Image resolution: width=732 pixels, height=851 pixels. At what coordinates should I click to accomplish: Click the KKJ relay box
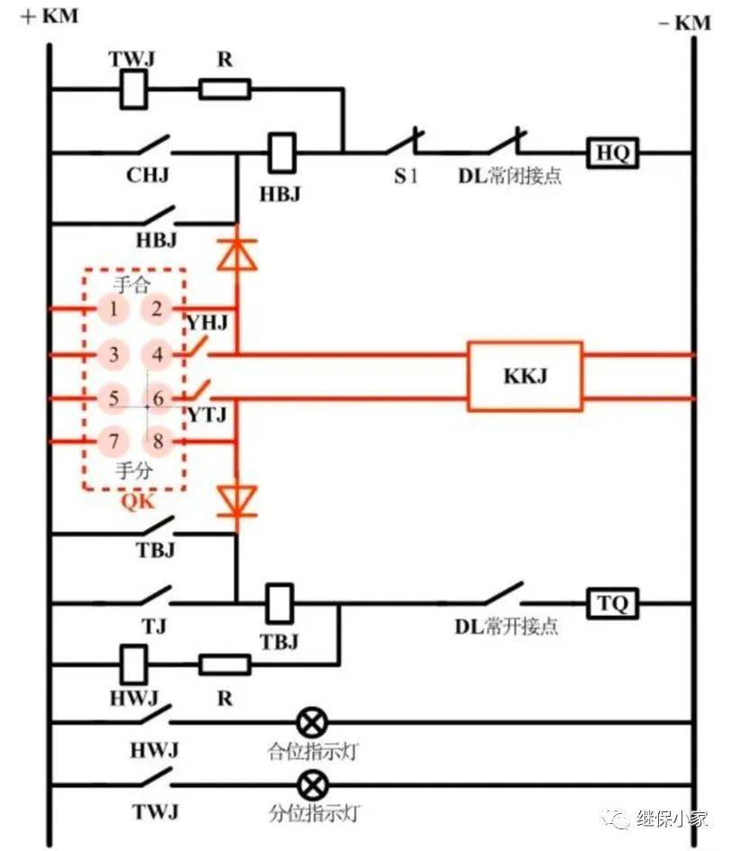[524, 376]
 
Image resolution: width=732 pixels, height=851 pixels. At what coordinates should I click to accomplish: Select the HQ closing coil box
[613, 154]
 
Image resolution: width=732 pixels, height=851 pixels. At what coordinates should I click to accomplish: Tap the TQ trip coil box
[613, 602]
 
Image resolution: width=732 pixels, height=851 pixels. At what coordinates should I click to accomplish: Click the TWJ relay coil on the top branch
[134, 89]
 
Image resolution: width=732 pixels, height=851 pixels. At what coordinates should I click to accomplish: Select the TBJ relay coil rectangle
[280, 602]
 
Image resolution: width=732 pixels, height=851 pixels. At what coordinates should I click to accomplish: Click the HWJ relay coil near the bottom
[133, 664]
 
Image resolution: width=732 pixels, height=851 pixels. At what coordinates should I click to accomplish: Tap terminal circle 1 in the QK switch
[113, 310]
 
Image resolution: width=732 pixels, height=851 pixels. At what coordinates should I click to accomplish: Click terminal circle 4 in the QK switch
[158, 354]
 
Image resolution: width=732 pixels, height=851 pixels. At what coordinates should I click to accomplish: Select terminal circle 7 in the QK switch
[113, 442]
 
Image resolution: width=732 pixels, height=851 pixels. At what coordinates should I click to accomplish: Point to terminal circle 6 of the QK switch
[158, 398]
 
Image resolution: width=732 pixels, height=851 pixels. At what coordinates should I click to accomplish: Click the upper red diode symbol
[236, 256]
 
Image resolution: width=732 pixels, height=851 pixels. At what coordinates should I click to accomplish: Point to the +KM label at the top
[49, 16]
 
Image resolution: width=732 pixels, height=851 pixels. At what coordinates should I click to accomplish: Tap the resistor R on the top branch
[224, 89]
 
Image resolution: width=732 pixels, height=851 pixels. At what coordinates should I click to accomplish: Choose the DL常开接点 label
[506, 626]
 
